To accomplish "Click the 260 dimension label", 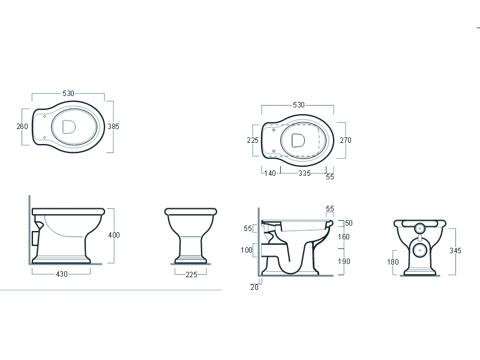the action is click(x=22, y=127).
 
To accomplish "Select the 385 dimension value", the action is click(x=113, y=127).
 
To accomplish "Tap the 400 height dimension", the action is click(x=114, y=235).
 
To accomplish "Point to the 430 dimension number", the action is click(x=62, y=274).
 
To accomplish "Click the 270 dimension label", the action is click(x=346, y=140).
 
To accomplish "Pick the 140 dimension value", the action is click(x=270, y=173).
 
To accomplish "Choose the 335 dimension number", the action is click(x=305, y=173).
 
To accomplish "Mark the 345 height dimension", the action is click(x=455, y=251).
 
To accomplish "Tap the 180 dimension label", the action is click(x=393, y=262).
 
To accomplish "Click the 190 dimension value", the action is click(x=344, y=262).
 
